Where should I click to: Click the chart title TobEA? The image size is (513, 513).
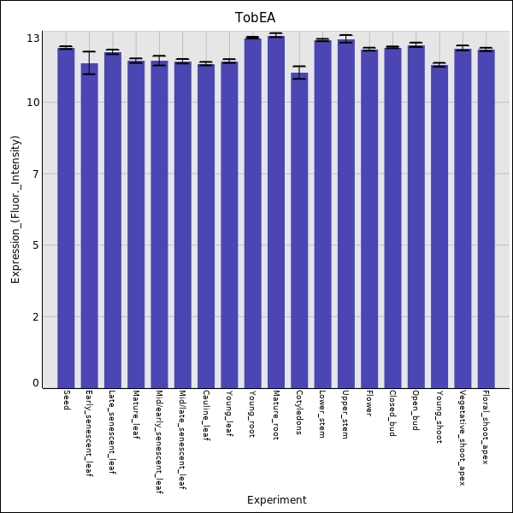click(256, 17)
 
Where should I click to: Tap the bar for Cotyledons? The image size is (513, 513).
click(299, 231)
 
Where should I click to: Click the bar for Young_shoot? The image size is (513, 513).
click(439, 227)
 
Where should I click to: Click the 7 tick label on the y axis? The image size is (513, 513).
click(36, 174)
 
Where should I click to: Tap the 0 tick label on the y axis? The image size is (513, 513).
click(36, 383)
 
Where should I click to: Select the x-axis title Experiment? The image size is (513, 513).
click(276, 500)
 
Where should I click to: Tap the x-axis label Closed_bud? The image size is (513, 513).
click(392, 414)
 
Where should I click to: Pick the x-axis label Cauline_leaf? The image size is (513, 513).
click(205, 416)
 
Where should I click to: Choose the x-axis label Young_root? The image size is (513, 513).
click(251, 415)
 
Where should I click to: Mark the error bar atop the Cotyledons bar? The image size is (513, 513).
click(299, 73)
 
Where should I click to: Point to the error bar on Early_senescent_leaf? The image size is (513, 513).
click(89, 62)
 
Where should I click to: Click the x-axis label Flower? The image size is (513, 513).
click(369, 405)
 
